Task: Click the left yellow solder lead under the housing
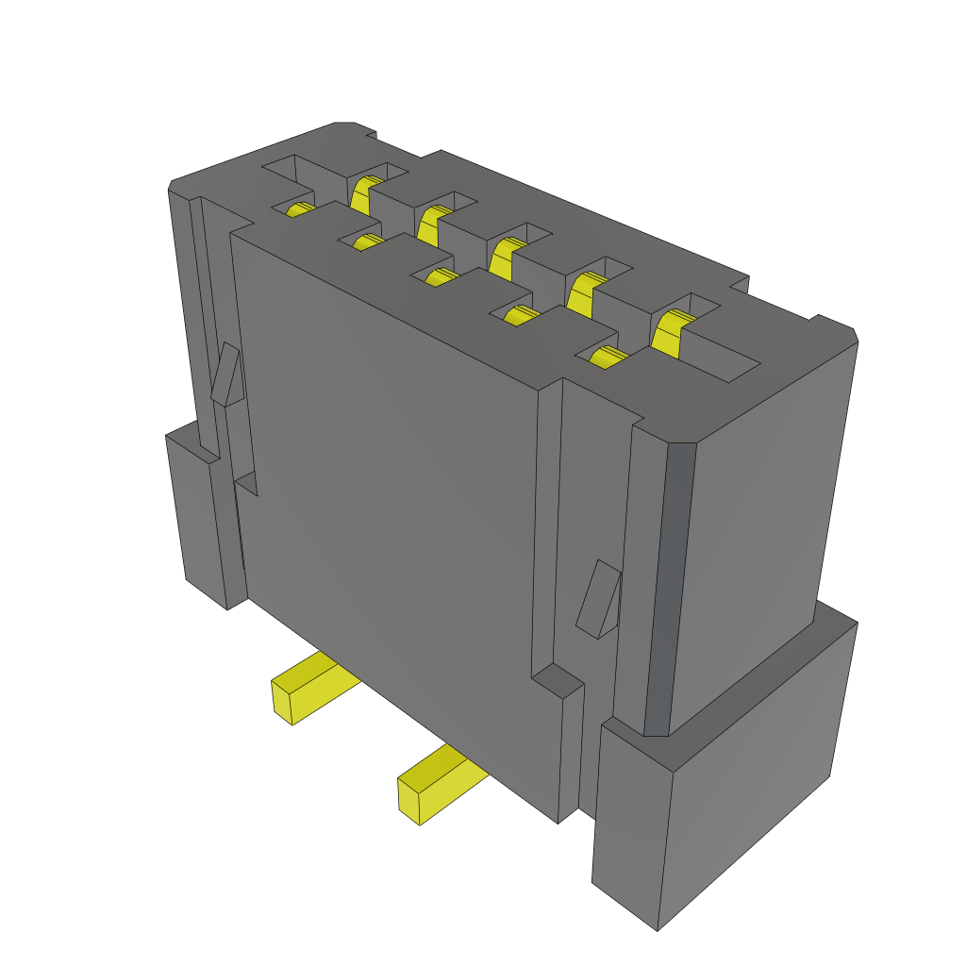(x=316, y=684)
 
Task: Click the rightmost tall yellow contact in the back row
(x=670, y=332)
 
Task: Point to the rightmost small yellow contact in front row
(x=606, y=357)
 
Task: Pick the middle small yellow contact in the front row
(x=440, y=276)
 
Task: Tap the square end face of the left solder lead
(x=282, y=701)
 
